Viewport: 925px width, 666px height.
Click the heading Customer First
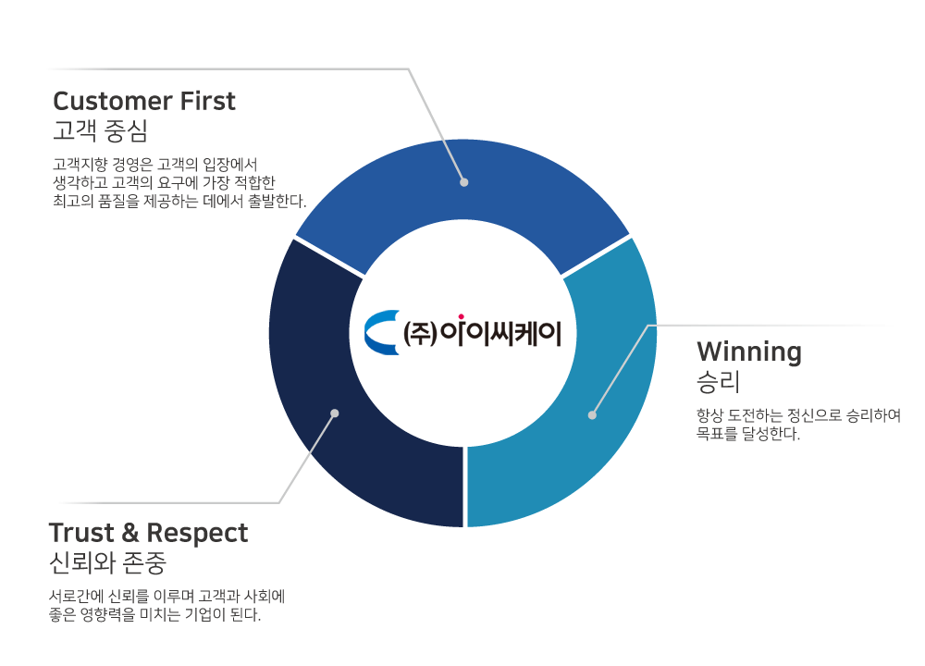144,101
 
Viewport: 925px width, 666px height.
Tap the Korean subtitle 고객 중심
100,130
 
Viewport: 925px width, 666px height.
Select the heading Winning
749,352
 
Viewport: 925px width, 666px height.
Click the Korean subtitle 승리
718,382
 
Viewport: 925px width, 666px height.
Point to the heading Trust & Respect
148,533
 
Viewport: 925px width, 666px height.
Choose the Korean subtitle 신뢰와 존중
107,562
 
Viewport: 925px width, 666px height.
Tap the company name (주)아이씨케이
482,333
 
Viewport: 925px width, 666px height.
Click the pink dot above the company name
461,316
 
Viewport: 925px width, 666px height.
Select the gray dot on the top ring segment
463,182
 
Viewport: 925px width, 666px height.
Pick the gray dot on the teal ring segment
592,415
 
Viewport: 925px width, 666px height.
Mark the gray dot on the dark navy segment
335,413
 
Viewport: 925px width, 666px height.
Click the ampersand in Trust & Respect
129,533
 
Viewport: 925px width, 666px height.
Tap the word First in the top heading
207,101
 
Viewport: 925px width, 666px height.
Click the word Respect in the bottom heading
197,534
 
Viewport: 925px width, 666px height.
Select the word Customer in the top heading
113,102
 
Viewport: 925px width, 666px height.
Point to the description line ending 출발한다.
179,201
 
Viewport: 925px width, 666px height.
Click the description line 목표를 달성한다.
748,434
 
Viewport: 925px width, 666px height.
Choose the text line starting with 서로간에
166,597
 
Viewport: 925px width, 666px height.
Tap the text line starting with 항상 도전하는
799,415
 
